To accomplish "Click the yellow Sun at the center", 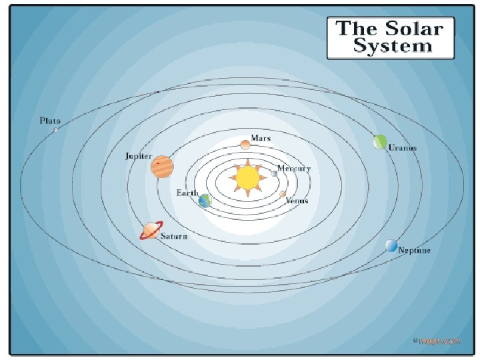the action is tap(247, 178).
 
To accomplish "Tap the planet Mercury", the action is tap(274, 173).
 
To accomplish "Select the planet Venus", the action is tap(283, 194).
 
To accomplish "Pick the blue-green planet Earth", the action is tap(205, 201).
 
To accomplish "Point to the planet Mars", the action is tap(245, 144).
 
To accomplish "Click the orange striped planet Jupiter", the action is tap(162, 166).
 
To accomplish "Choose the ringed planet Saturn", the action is tap(151, 231).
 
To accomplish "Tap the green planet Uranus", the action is tap(380, 141).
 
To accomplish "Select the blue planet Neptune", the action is tap(391, 246).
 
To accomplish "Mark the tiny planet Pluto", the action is tap(56, 129).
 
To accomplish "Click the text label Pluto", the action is tap(50, 121).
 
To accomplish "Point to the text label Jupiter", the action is tap(139, 156).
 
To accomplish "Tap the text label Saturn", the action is tap(174, 237).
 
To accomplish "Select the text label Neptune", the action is tap(415, 251).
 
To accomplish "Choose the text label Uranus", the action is tap(403, 148).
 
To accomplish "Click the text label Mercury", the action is tap(294, 169).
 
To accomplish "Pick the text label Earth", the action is tap(187, 193).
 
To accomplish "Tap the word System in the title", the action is tap(393, 46).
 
